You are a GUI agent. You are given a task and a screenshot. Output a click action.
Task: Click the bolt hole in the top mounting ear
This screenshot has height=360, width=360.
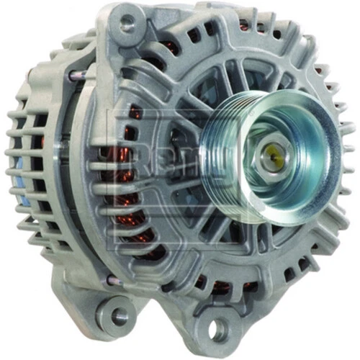point(127,24)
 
